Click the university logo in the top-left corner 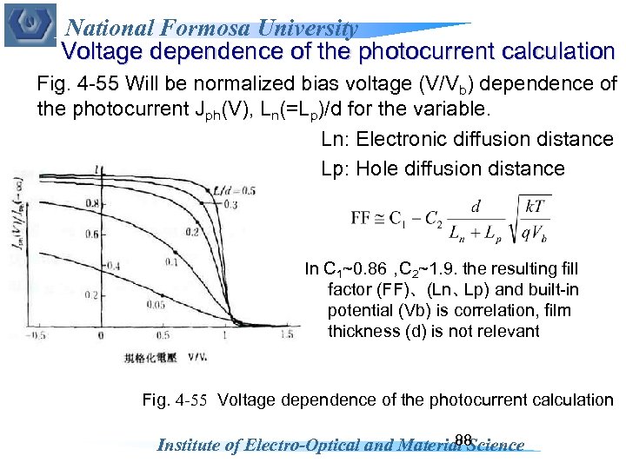30,24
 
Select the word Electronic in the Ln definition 398,139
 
